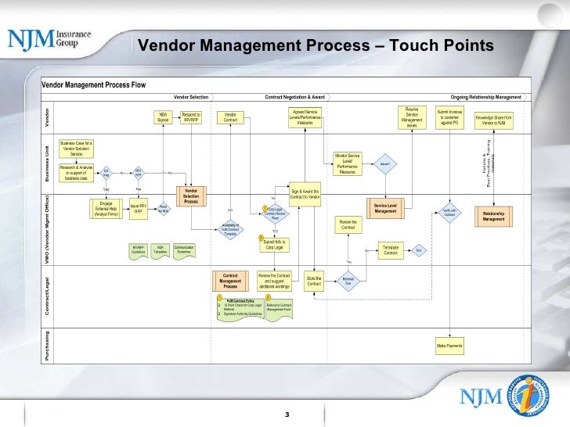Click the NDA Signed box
(163, 117)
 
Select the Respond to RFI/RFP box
(192, 117)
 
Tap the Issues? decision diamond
(384, 163)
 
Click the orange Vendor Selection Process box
(191, 196)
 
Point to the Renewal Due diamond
(348, 281)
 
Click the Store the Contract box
(313, 281)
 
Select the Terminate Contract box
(391, 250)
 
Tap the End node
(419, 250)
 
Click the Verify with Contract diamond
(449, 212)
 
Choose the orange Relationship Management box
(493, 216)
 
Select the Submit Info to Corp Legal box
(275, 246)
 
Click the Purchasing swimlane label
(47, 345)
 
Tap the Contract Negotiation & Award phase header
(294, 97)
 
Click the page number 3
(287, 414)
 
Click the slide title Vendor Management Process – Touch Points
(315, 47)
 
